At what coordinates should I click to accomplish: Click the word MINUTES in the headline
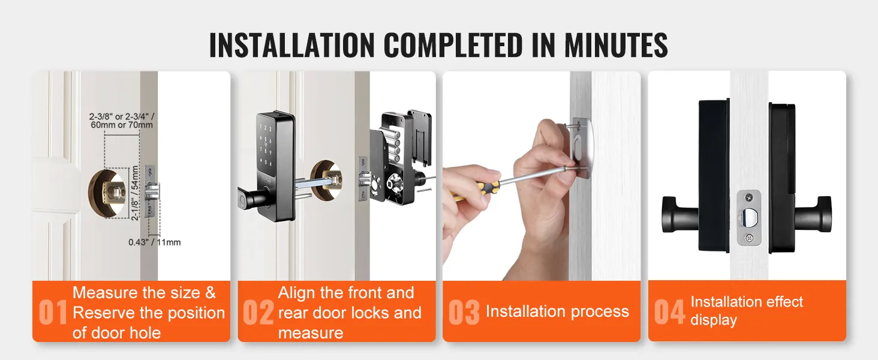tap(616, 45)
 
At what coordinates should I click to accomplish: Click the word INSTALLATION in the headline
tap(292, 45)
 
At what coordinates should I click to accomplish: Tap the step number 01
tap(53, 312)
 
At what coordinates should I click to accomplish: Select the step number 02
tap(258, 312)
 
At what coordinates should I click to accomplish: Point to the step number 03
tap(464, 312)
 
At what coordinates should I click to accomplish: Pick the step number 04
tap(669, 312)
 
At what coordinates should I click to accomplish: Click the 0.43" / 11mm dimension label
tap(155, 242)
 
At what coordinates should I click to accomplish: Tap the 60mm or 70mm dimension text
tap(122, 125)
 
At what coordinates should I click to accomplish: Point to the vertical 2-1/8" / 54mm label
tap(134, 193)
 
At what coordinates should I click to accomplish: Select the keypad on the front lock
tap(265, 145)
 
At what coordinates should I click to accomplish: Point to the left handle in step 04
tap(681, 215)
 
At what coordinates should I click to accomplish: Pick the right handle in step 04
tap(813, 215)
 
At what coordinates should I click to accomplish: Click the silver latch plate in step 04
tap(748, 218)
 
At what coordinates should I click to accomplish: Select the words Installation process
tap(557, 312)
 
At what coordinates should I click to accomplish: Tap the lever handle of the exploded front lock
tap(253, 197)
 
